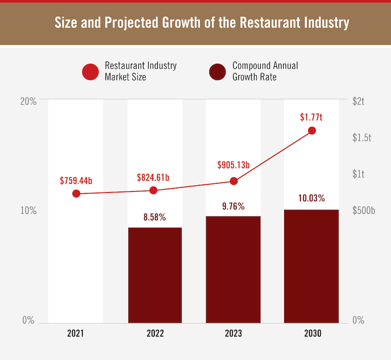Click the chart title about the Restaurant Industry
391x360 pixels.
click(x=202, y=23)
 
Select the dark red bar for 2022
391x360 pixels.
click(x=155, y=275)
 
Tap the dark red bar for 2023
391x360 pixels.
click(x=233, y=269)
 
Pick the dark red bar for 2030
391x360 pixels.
click(x=311, y=266)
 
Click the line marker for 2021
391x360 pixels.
click(x=76, y=193)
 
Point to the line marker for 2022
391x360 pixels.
click(x=154, y=190)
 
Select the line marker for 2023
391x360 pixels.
click(x=234, y=181)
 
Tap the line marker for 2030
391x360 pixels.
click(x=312, y=131)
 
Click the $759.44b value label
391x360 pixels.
click(x=76, y=181)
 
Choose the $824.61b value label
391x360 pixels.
click(x=153, y=178)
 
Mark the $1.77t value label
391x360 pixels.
click(x=311, y=118)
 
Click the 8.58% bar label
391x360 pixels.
click(x=155, y=217)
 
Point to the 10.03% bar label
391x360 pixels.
click(x=311, y=198)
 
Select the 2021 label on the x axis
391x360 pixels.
click(x=75, y=334)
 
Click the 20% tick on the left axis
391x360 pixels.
click(x=29, y=101)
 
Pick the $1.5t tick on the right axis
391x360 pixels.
click(x=362, y=138)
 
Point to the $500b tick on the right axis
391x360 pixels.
click(x=364, y=211)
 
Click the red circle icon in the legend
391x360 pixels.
click(x=90, y=72)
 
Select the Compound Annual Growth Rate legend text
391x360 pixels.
click(x=265, y=71)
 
